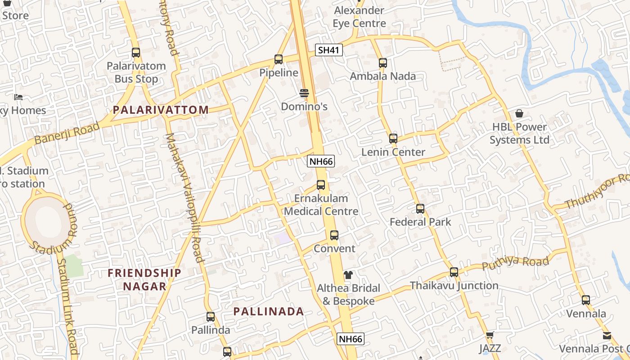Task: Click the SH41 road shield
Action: (328, 50)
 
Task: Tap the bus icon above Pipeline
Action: (279, 59)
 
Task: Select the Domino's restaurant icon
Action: (304, 93)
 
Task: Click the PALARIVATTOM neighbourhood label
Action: (161, 110)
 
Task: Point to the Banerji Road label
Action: (67, 133)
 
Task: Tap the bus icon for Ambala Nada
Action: (383, 63)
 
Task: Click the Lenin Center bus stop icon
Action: (393, 139)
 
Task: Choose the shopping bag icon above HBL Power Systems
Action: (519, 113)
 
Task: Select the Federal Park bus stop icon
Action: (420, 209)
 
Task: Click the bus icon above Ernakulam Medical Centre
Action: (321, 185)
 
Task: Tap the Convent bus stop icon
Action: (334, 235)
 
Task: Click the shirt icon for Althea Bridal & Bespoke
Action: (348, 275)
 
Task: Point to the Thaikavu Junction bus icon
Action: (454, 272)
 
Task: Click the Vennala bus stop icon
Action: (586, 300)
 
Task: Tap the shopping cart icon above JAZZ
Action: (490, 335)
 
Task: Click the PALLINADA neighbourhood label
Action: (269, 311)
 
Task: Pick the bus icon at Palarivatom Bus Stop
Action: (136, 53)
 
